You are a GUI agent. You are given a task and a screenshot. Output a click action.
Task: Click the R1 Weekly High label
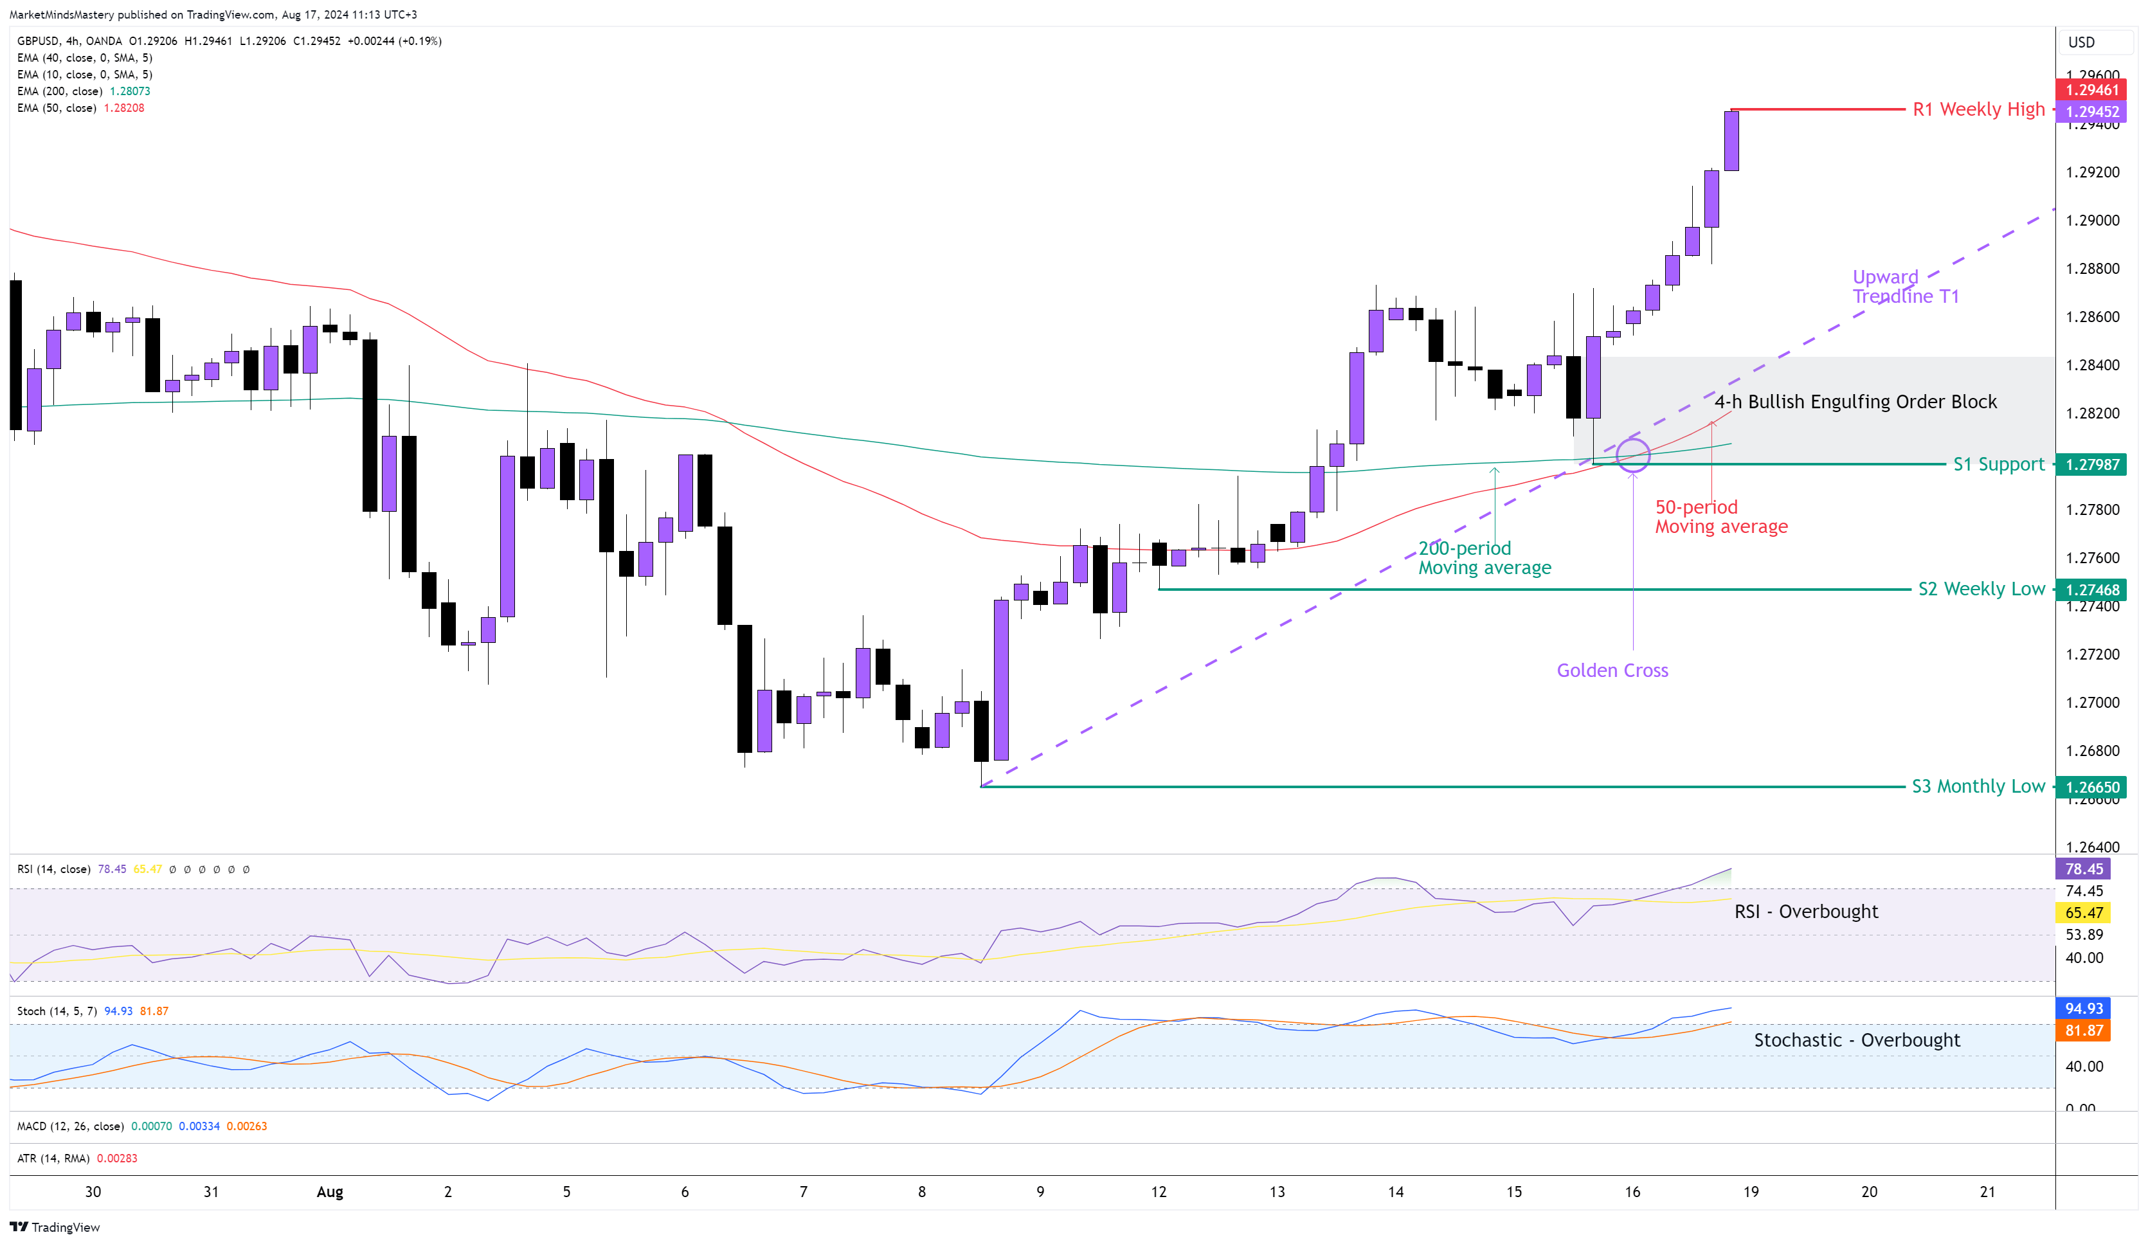click(1978, 109)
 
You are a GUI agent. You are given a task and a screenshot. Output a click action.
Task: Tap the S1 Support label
click(1998, 464)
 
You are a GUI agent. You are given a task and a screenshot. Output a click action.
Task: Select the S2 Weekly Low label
click(1980, 589)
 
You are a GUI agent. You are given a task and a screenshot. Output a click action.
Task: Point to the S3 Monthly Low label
click(1977, 786)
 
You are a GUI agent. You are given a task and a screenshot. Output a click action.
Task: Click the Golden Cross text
click(1612, 671)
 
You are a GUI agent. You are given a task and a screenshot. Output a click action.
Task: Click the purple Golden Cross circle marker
click(1632, 455)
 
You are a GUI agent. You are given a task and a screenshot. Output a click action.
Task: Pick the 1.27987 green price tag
click(2091, 464)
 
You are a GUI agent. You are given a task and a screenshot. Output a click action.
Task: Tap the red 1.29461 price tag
click(2091, 89)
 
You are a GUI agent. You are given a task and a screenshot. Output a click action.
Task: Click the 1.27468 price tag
click(2091, 590)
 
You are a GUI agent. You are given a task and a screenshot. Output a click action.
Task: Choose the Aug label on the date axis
click(330, 1192)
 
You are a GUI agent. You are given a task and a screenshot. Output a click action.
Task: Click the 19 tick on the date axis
click(1750, 1192)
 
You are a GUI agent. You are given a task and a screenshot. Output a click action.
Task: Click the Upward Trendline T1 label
click(1905, 287)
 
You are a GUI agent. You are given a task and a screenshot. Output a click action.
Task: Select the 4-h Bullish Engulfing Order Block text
click(1855, 402)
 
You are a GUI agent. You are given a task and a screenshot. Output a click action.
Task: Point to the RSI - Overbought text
click(1805, 912)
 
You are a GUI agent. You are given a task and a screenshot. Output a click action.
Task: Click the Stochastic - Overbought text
click(1857, 1040)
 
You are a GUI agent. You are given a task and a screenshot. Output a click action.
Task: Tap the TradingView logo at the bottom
click(55, 1227)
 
